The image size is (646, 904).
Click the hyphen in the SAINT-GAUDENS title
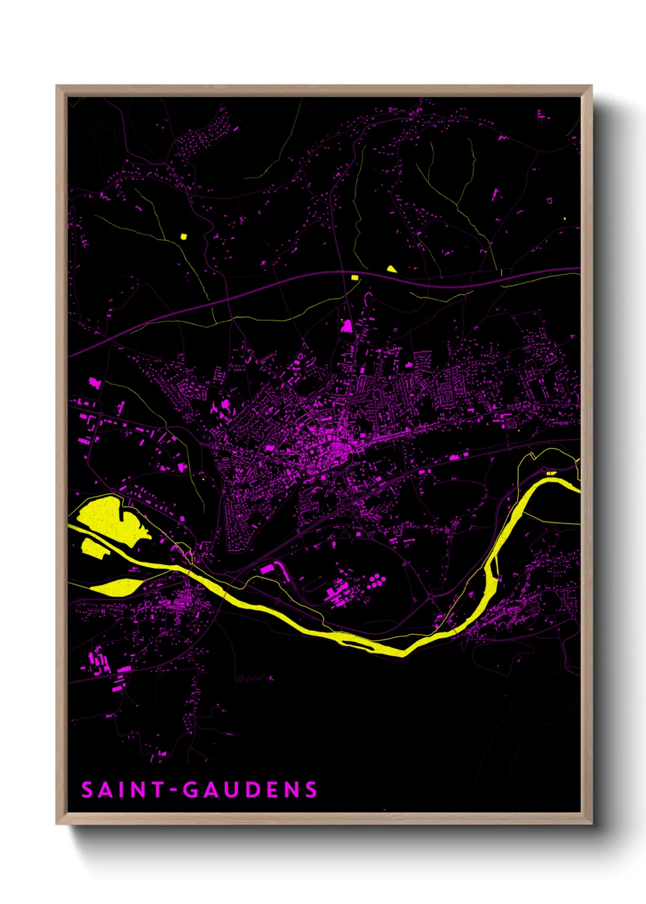[x=174, y=790]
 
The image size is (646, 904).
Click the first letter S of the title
[x=88, y=790]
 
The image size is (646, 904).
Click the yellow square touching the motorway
[x=354, y=277]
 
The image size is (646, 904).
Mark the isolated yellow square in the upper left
[x=183, y=236]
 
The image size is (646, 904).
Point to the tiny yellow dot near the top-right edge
[x=564, y=218]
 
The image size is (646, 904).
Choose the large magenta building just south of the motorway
[x=346, y=326]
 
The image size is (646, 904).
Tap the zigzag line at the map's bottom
[x=253, y=677]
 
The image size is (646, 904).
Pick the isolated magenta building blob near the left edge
[x=93, y=382]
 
